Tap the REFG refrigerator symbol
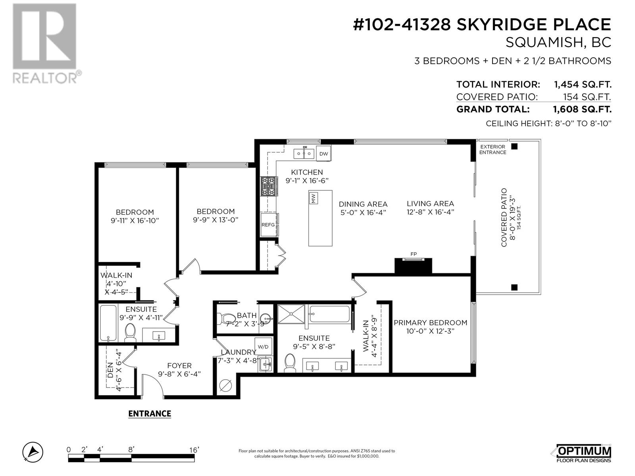(269, 224)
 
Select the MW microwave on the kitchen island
(314, 198)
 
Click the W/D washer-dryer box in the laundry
(263, 347)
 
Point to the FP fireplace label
(414, 254)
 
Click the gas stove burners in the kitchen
(269, 186)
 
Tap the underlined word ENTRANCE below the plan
(150, 414)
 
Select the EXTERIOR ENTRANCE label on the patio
(493, 150)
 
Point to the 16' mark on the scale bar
(194, 450)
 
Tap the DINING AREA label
(363, 204)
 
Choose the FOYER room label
(179, 366)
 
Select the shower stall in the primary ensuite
(291, 314)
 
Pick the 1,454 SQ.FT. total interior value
(582, 84)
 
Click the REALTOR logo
(47, 44)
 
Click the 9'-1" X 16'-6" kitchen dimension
(307, 180)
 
